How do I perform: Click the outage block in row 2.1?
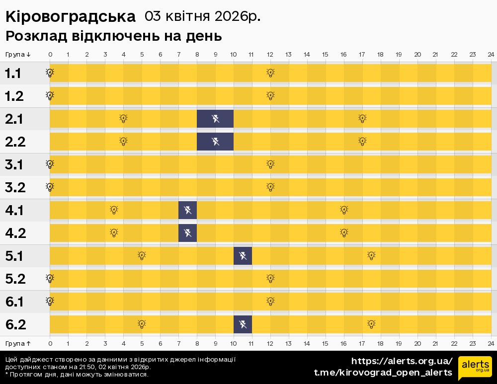pos(215,119)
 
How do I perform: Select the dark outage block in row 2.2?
pos(215,142)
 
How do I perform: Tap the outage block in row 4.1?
pos(188,210)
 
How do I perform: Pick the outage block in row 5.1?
pos(243,256)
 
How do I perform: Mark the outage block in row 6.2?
pos(243,324)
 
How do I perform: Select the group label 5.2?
pos(15,279)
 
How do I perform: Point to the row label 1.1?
pos(13,74)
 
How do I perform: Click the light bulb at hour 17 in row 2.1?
pos(362,118)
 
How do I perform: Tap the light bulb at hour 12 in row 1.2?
pos(270,95)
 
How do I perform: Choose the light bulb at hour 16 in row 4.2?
pos(344,232)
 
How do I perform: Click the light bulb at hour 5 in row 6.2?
pos(142,324)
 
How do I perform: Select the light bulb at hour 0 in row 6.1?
pos(50,301)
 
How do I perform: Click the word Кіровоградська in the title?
pos(70,17)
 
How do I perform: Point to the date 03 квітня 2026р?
pos(202,16)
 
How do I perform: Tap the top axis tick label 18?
pos(380,54)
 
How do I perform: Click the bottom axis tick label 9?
pos(215,343)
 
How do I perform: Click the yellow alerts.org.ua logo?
pos(475,368)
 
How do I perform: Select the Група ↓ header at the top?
pos(18,54)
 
